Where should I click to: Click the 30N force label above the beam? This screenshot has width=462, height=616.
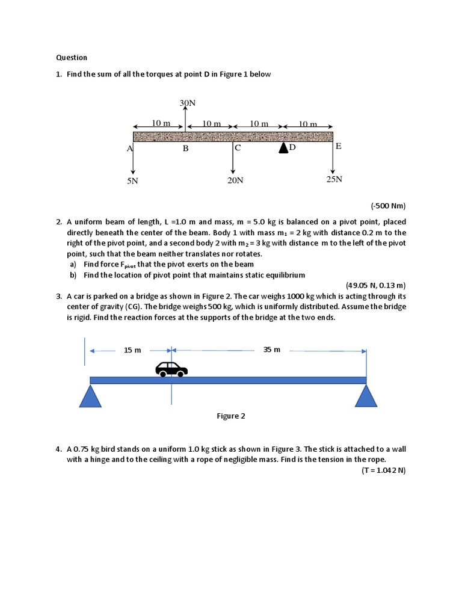point(188,103)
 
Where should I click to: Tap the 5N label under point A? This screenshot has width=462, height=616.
point(132,180)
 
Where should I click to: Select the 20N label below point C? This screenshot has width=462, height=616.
point(235,180)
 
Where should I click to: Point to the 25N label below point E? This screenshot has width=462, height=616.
point(334,179)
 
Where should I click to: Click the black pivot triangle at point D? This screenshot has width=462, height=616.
point(283,148)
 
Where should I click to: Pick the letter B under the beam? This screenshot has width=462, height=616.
point(186,149)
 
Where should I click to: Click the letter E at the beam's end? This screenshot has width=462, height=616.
point(339,146)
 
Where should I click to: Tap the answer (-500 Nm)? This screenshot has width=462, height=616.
point(388,206)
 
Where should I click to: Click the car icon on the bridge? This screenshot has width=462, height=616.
point(171,368)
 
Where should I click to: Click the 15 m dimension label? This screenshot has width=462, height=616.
point(132,350)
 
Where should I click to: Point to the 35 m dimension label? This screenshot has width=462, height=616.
point(272,350)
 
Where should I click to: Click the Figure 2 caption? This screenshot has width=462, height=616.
point(231,416)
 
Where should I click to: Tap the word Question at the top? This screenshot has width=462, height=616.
point(72,58)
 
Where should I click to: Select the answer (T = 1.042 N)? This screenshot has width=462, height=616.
point(384,470)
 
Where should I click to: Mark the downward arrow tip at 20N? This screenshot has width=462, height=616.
point(233,173)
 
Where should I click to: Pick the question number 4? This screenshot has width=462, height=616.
point(59,449)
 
